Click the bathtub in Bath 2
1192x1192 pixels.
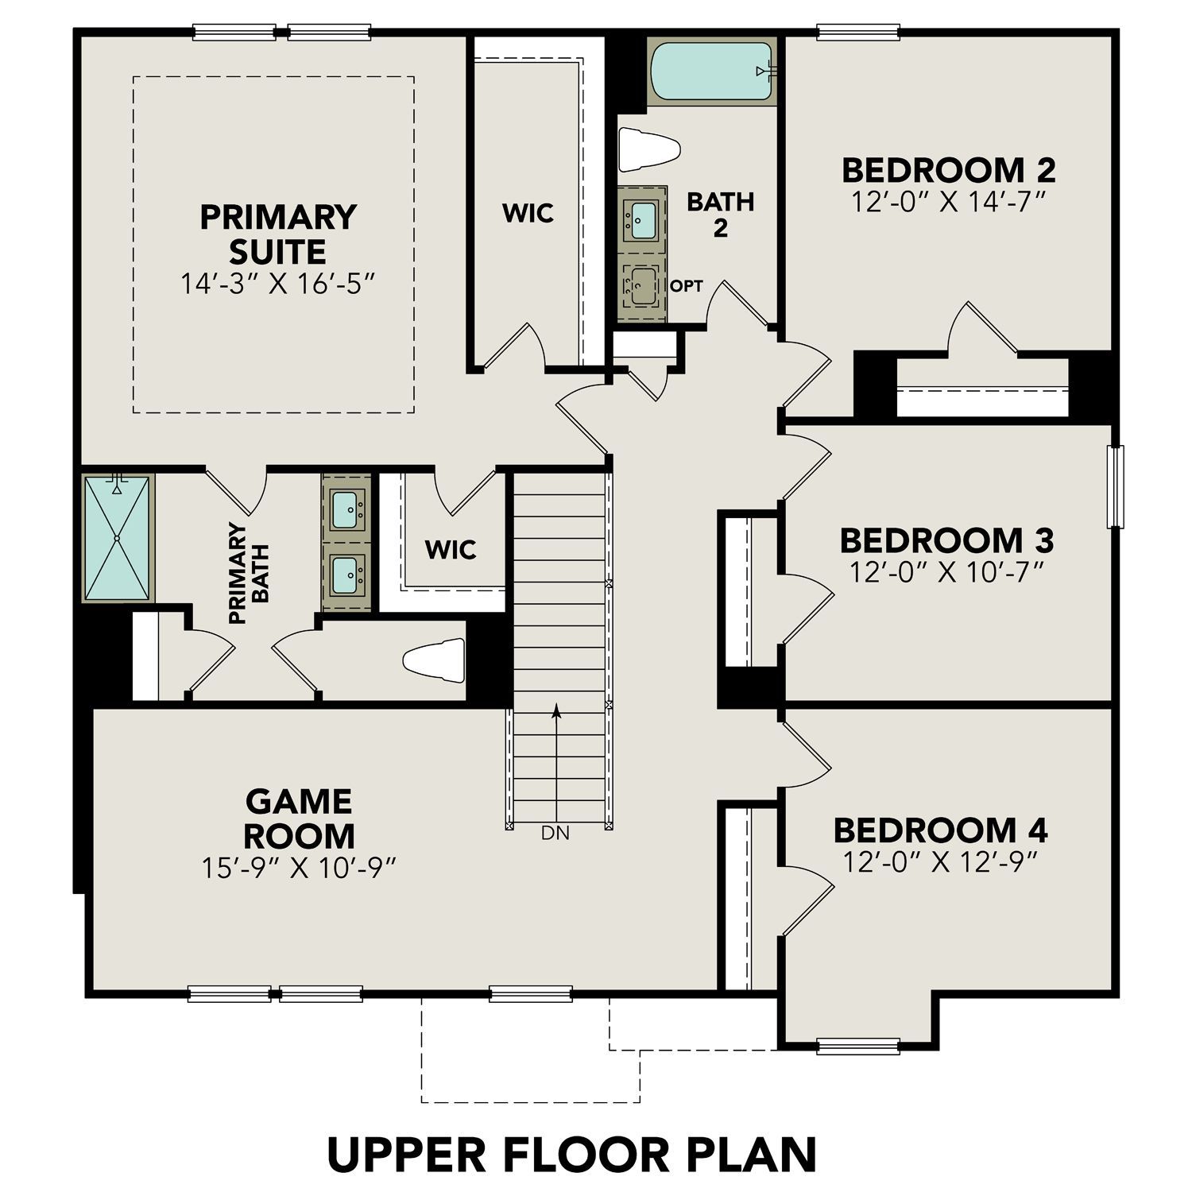click(x=712, y=71)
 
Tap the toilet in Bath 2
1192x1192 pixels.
click(x=648, y=149)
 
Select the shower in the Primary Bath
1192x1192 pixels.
click(x=117, y=538)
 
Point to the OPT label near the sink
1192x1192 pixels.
click(x=686, y=286)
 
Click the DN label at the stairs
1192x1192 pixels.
click(x=555, y=834)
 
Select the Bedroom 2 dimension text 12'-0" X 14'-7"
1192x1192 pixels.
click(x=947, y=202)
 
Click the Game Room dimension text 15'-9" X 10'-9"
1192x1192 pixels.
click(x=299, y=868)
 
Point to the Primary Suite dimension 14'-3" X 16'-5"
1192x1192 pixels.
click(x=277, y=284)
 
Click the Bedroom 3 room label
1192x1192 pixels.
click(x=946, y=540)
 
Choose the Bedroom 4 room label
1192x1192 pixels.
click(x=940, y=830)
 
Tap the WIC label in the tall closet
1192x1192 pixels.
click(x=528, y=213)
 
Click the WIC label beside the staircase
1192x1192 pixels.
click(x=451, y=549)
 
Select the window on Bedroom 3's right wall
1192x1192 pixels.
click(x=1117, y=486)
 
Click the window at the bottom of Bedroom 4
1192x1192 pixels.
click(x=858, y=1045)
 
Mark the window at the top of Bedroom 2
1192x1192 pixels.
click(x=858, y=33)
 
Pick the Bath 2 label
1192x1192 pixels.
click(x=720, y=215)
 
